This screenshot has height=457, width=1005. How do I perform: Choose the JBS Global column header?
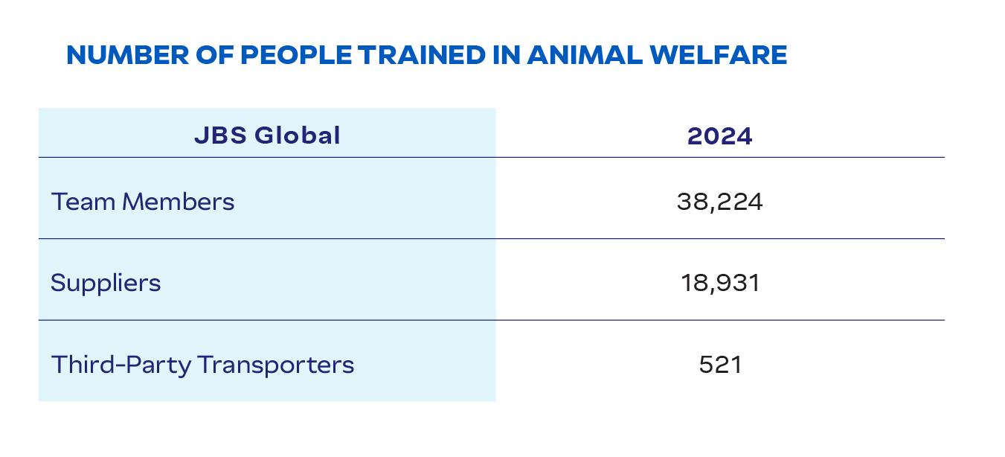pyautogui.click(x=267, y=135)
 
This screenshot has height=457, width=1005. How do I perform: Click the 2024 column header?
pyautogui.click(x=719, y=135)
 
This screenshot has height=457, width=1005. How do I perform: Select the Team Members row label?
pyautogui.click(x=143, y=202)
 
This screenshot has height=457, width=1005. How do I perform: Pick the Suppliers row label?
pyautogui.click(x=106, y=284)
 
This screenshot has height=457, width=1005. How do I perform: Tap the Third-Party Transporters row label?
pyautogui.click(x=202, y=365)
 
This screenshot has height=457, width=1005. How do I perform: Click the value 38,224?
pyautogui.click(x=719, y=202)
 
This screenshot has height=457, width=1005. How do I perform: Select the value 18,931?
pyautogui.click(x=719, y=284)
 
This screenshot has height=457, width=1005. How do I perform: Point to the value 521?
pyautogui.click(x=719, y=365)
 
